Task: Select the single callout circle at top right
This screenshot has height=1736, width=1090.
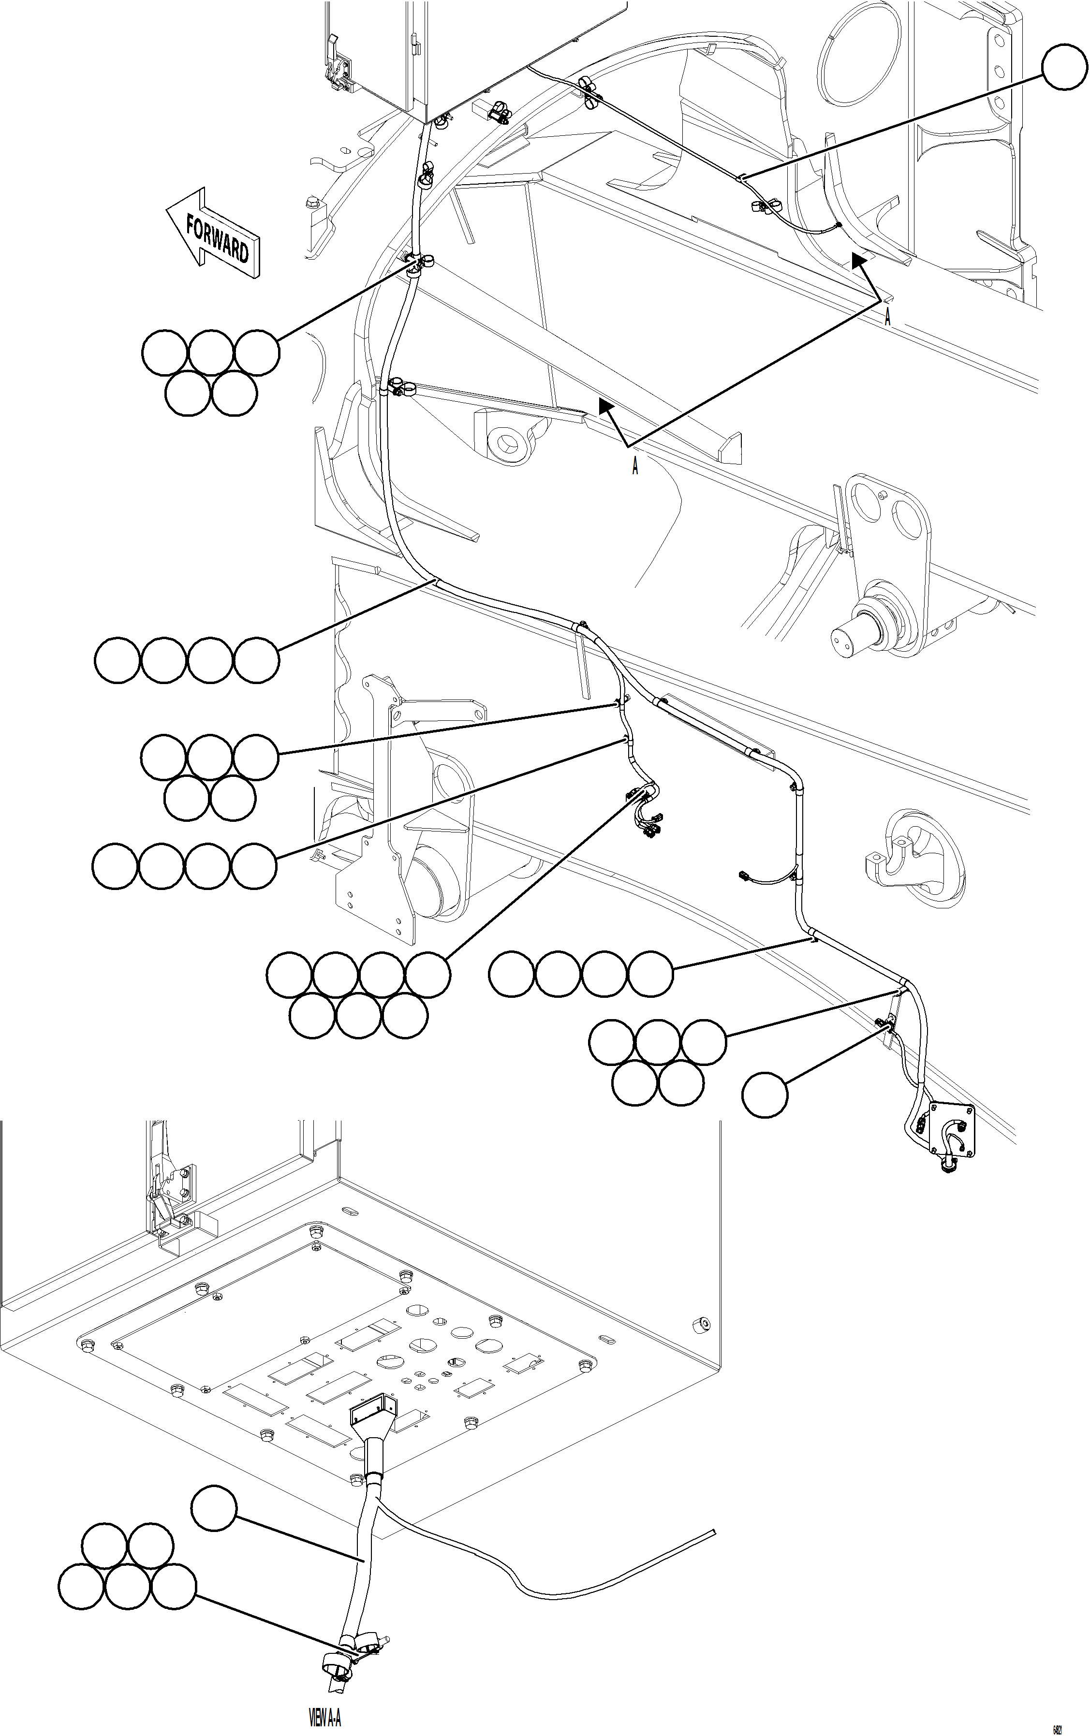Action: point(1064,66)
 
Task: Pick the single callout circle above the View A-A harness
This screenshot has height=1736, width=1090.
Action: point(214,1507)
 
